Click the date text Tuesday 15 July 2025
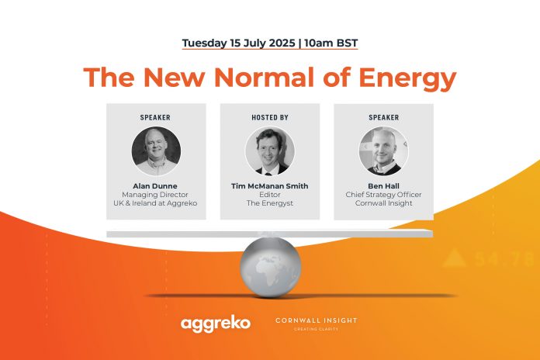point(239,43)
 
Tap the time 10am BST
point(331,43)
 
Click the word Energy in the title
point(407,78)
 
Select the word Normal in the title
point(264,77)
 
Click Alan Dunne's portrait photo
point(156,151)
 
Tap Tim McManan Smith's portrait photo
point(270,151)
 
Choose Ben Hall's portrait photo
point(383,151)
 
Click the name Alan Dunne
point(155,186)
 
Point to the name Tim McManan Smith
point(270,186)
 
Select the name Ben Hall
point(383,186)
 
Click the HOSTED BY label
point(270,117)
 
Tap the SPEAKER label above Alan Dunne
point(155,117)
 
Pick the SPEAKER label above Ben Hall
point(383,117)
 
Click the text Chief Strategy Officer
point(383,195)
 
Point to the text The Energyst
point(270,203)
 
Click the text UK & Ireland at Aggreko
point(155,203)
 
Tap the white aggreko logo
point(216,324)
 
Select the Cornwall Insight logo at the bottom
point(316,324)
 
